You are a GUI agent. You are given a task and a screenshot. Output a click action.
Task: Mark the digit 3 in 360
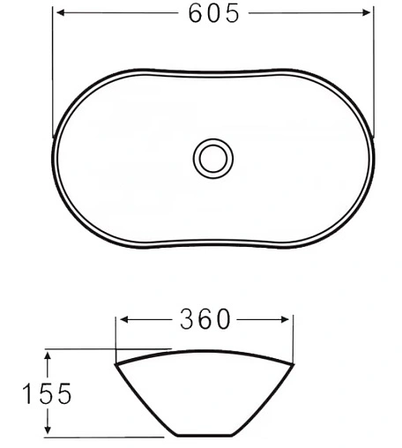[x=187, y=318]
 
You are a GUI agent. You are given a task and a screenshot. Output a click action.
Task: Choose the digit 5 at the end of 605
[x=231, y=14]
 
